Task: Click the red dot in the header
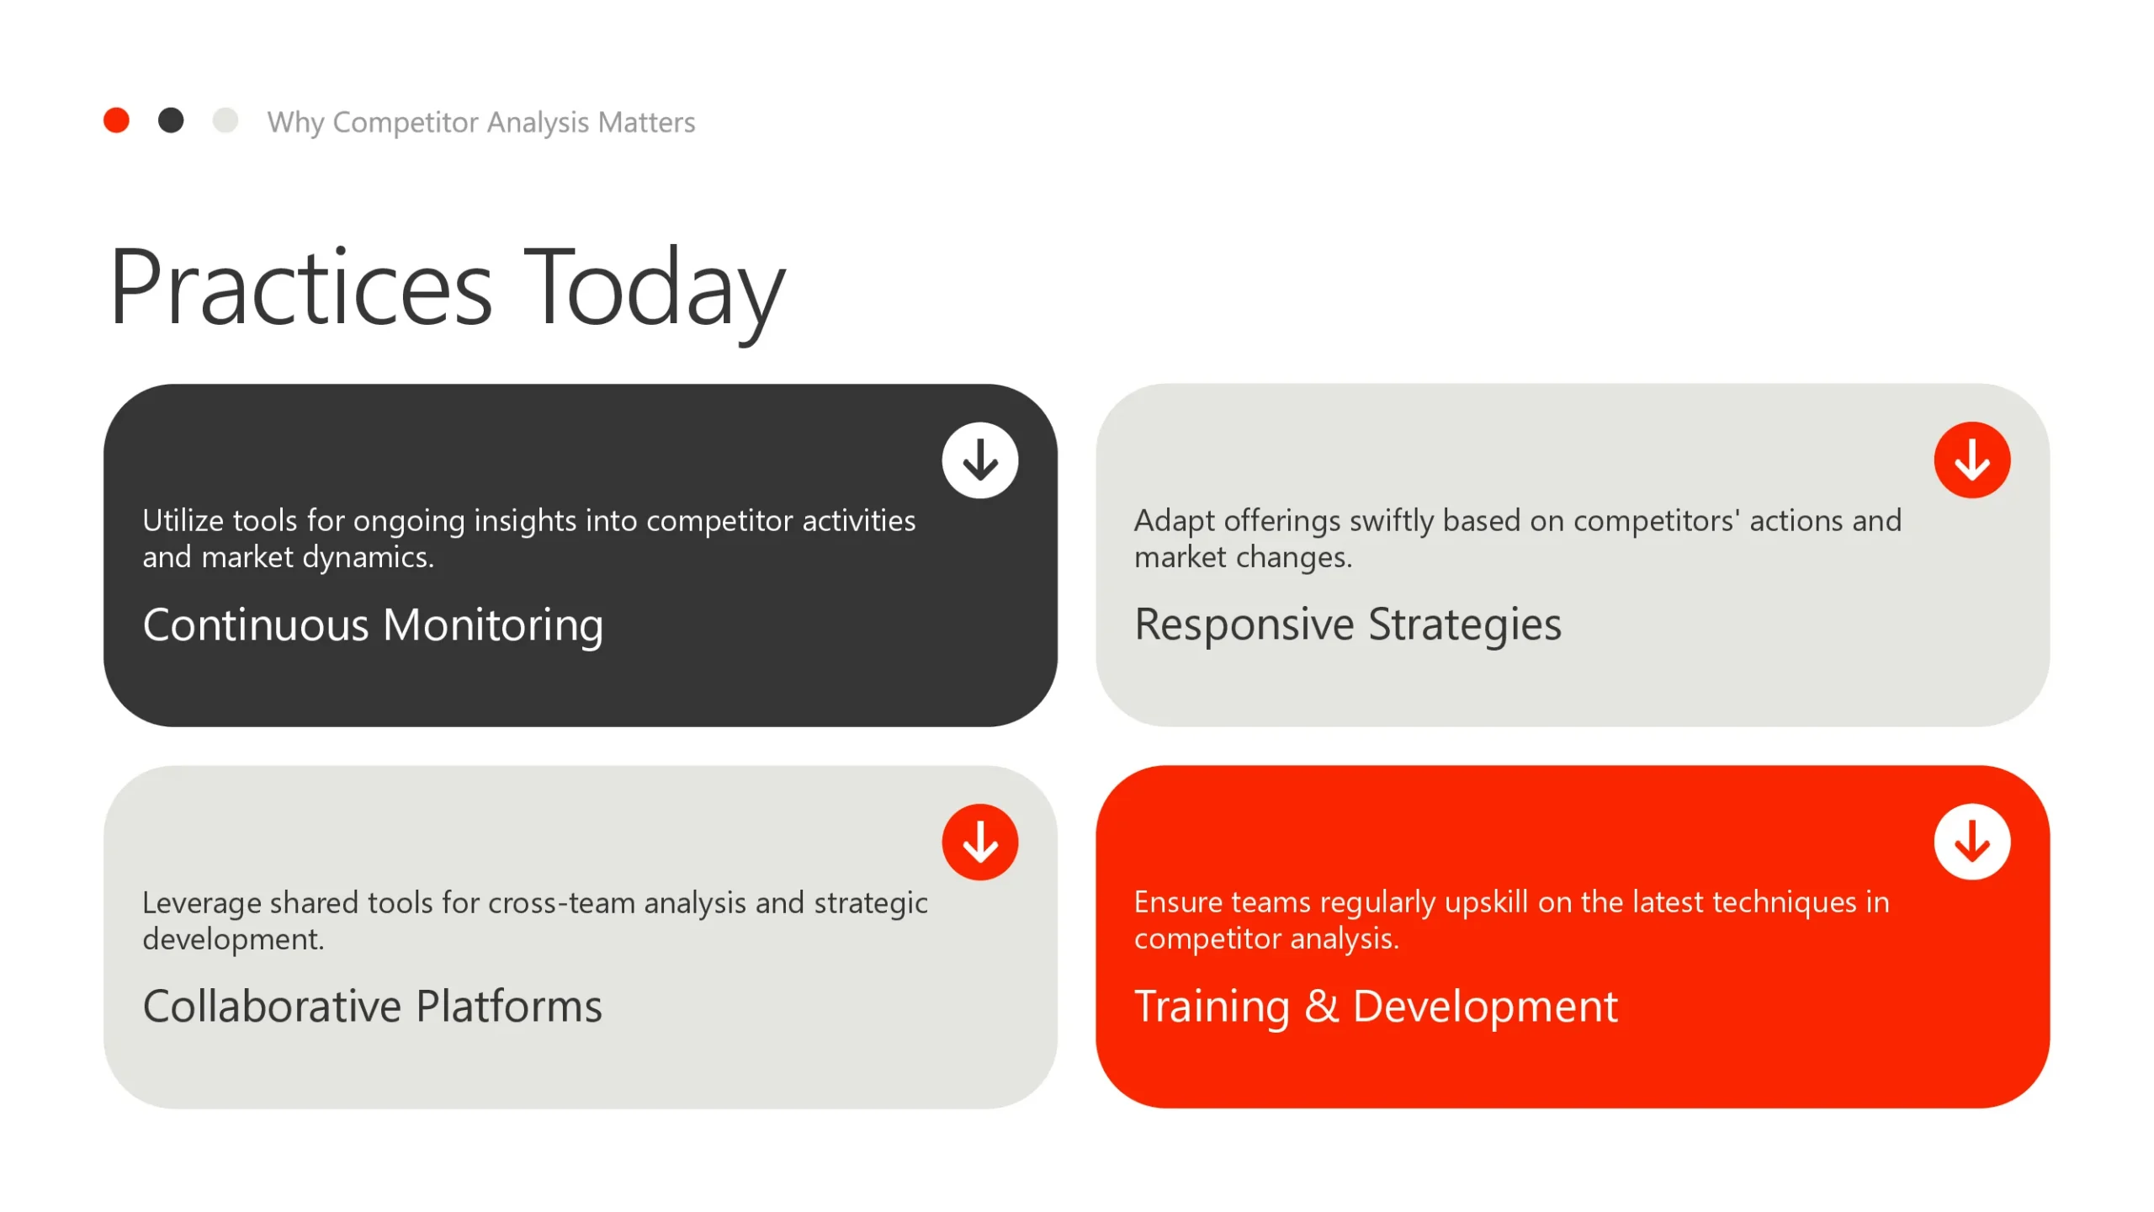click(116, 120)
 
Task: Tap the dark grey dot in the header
click(171, 120)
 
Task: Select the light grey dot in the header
click(225, 120)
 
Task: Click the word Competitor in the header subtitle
click(406, 123)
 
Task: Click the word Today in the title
click(655, 290)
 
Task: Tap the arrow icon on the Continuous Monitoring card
click(980, 460)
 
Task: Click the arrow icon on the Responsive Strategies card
click(1972, 460)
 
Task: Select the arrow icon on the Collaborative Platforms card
click(980, 842)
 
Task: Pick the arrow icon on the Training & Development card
click(1972, 842)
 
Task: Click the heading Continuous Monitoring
click(373, 626)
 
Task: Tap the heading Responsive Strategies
click(1348, 626)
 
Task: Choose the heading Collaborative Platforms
click(373, 1006)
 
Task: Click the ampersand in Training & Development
click(1322, 1006)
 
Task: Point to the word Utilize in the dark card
click(183, 521)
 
